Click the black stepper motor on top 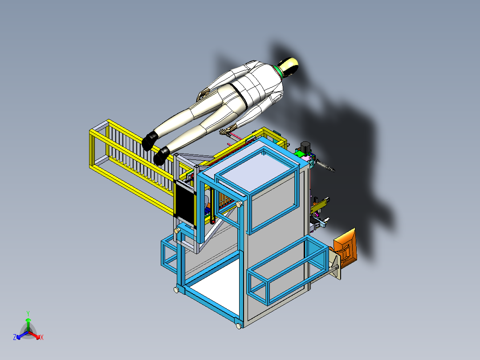[x=306, y=147]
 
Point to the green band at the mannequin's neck [x=279, y=69]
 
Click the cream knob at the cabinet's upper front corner [x=240, y=204]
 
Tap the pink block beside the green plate [x=307, y=158]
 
